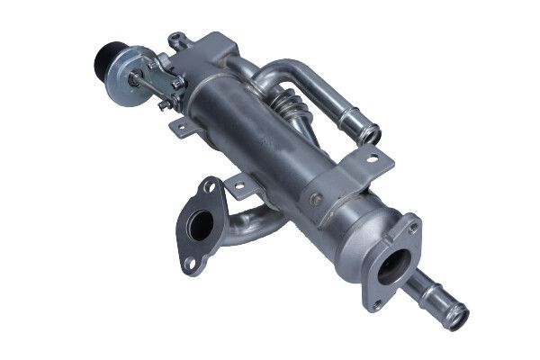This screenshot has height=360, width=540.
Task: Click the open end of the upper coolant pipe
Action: coord(371,135)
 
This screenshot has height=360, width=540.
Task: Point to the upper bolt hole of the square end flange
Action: coord(414,226)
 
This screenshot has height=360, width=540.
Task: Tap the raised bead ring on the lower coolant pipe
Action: coord(437,301)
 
